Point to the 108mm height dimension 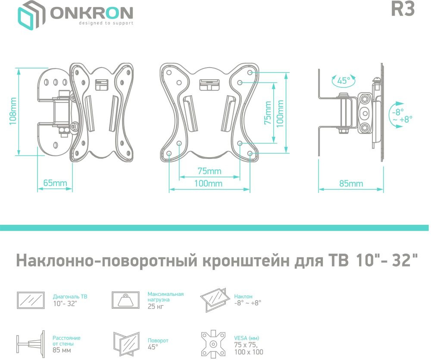click(13, 111)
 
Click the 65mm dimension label click(55, 183)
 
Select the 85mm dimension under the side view click(351, 183)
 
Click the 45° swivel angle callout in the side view click(344, 81)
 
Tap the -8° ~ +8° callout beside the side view click(402, 115)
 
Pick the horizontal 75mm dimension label click(209, 171)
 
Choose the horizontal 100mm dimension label click(208, 183)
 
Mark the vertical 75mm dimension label click(268, 112)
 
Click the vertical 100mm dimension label click(280, 113)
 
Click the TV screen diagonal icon click(31, 300)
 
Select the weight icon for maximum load click(125, 300)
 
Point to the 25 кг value click(156, 306)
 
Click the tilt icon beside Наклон click(214, 300)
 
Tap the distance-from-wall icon click(31, 342)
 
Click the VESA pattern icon click(213, 344)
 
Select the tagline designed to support click(106, 23)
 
